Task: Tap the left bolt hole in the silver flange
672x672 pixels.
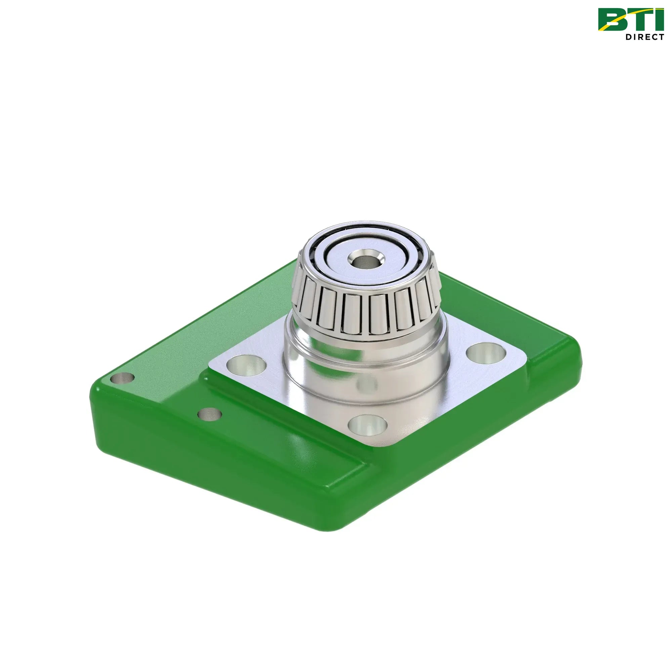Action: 246,365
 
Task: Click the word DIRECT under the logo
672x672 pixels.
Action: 644,37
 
